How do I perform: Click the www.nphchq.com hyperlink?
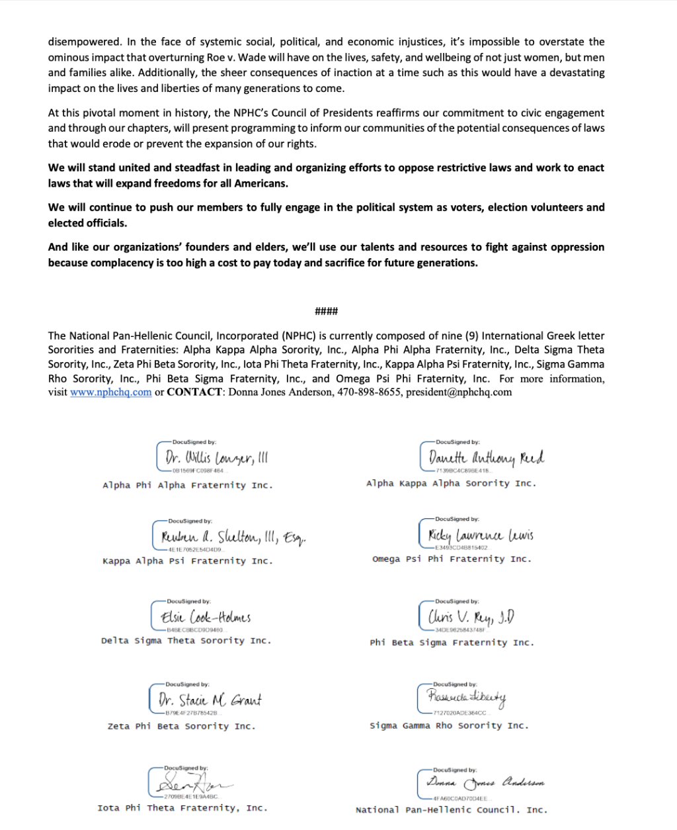pyautogui.click(x=111, y=392)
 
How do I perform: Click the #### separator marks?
pyautogui.click(x=326, y=311)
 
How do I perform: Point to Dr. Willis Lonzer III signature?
pyautogui.click(x=216, y=457)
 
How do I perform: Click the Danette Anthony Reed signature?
pyautogui.click(x=486, y=457)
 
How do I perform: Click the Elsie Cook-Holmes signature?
pyautogui.click(x=206, y=617)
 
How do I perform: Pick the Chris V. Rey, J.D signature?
pyautogui.click(x=471, y=617)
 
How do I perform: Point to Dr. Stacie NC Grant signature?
pyautogui.click(x=210, y=699)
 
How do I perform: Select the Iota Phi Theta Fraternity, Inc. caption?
pyautogui.click(x=182, y=808)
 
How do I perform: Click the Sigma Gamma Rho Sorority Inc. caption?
pyautogui.click(x=450, y=726)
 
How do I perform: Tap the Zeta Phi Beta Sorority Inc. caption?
pyautogui.click(x=181, y=727)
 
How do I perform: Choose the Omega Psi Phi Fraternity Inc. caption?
pyautogui.click(x=452, y=559)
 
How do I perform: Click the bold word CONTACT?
pyautogui.click(x=194, y=392)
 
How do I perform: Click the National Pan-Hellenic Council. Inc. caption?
pyautogui.click(x=452, y=810)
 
